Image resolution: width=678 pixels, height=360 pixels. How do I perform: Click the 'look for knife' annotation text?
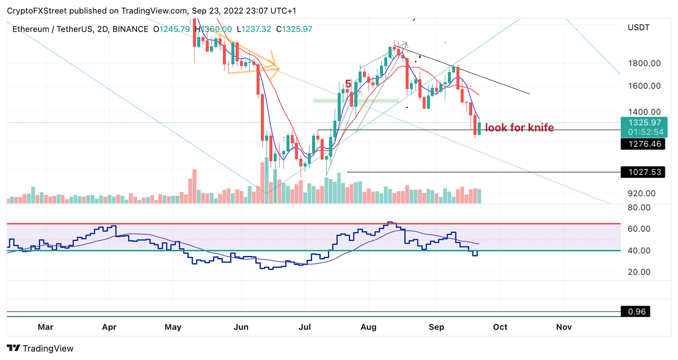click(519, 127)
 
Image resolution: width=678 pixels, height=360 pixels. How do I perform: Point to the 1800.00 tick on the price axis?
click(644, 63)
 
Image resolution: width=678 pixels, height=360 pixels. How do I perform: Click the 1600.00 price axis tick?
click(644, 86)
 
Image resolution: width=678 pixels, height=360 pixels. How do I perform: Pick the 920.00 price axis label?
click(642, 193)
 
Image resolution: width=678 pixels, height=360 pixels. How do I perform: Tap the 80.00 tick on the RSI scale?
click(639, 207)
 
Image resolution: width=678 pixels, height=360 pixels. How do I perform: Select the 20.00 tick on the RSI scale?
click(639, 272)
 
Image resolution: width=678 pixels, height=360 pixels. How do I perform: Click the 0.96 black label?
click(637, 311)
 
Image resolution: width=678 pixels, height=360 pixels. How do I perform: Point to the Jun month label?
click(241, 327)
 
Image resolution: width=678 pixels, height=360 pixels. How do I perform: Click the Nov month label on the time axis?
click(564, 327)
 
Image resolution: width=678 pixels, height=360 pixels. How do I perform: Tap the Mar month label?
click(45, 327)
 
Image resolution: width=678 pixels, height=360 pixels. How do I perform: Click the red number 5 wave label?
click(348, 84)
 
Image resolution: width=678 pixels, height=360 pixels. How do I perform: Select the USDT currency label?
click(638, 27)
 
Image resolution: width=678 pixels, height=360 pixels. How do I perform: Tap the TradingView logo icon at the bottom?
click(14, 348)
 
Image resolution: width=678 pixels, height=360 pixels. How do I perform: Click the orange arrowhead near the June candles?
click(274, 65)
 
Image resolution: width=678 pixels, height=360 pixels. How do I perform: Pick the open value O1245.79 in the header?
click(171, 29)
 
